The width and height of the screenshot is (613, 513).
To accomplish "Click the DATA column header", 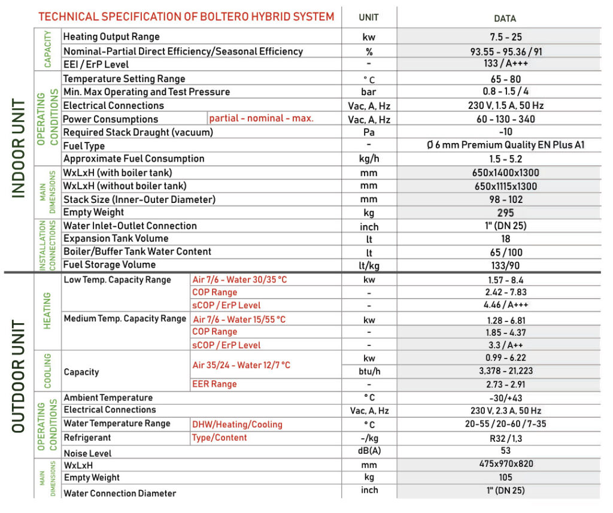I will (505, 19).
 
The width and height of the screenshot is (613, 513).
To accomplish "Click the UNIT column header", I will (369, 17).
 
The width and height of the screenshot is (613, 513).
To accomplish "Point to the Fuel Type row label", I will (84, 146).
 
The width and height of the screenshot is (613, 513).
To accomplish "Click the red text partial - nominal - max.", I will (261, 119).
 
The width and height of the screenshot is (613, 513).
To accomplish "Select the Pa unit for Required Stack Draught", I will (369, 132).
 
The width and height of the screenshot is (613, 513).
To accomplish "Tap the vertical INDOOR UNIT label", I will (19, 148).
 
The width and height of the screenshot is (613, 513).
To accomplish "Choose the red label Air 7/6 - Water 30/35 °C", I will (239, 280).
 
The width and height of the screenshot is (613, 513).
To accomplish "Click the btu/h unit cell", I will (369, 372).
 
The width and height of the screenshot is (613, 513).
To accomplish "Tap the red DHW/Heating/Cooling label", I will (237, 424).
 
